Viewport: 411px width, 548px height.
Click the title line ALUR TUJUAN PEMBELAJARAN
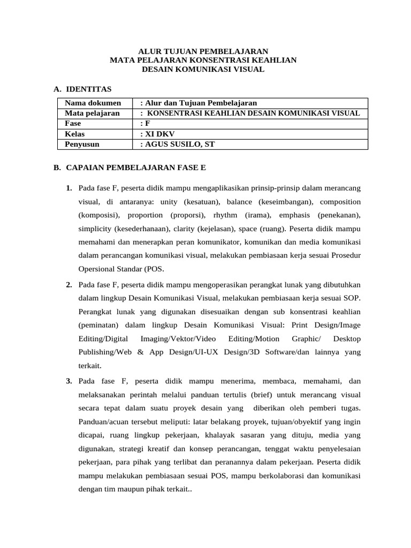coord(203,51)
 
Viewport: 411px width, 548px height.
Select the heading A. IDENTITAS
coord(82,89)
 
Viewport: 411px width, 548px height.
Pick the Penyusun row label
coord(82,144)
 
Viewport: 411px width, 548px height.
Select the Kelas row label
coord(75,134)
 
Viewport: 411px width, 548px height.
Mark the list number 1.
coord(69,188)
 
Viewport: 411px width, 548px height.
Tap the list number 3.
coord(69,381)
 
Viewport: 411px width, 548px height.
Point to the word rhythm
coord(225,216)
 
